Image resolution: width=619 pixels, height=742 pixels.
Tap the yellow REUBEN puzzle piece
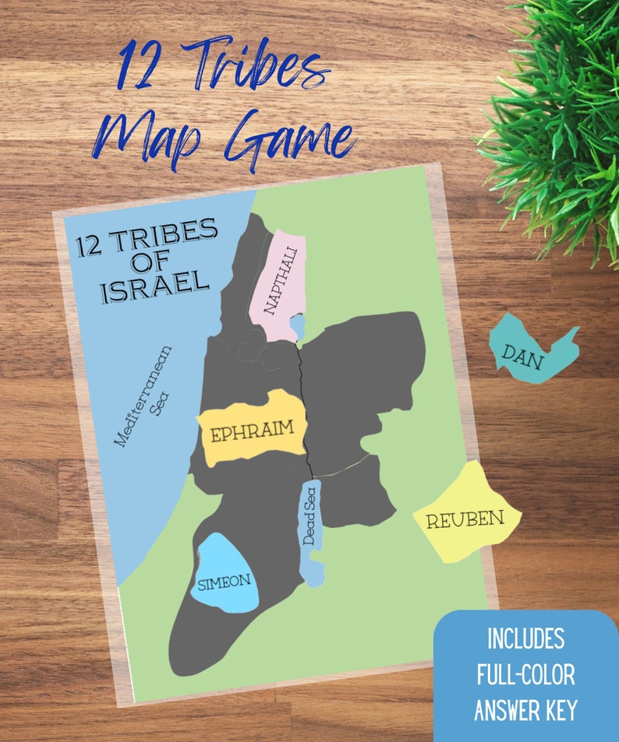(x=465, y=515)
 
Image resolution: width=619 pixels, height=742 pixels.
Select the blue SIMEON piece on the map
(x=224, y=576)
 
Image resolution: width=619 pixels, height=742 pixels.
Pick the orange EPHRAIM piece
(x=251, y=428)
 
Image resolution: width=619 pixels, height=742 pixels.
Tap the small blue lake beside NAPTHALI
(x=297, y=325)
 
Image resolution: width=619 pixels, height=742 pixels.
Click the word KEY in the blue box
(x=559, y=710)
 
